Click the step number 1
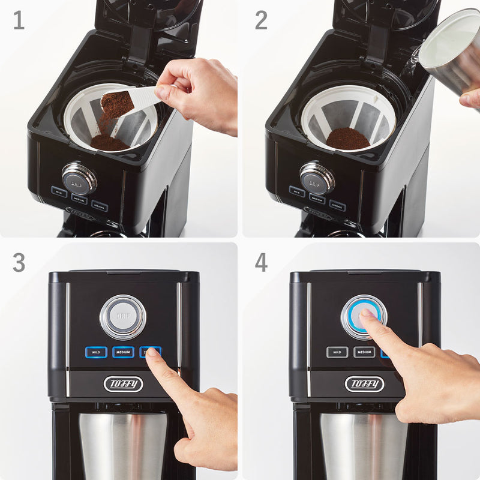19,20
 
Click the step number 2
261,20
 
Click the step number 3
19,263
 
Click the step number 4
261,263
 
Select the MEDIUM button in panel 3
123,352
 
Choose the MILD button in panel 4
337,352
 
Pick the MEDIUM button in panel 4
364,352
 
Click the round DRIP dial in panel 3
123,317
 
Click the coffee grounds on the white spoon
117,104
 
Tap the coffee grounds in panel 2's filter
348,139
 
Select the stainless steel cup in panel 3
120,444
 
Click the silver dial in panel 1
79,178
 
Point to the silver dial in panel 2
317,178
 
